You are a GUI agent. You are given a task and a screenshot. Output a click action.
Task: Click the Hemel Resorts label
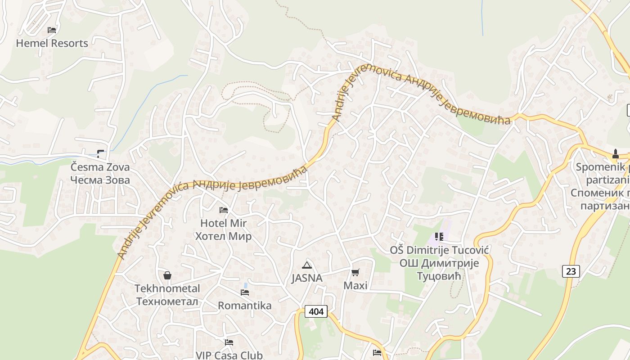pos(52,43)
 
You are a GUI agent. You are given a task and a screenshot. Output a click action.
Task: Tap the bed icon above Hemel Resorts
pos(52,30)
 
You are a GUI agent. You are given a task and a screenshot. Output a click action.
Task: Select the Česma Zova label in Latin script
pos(100,167)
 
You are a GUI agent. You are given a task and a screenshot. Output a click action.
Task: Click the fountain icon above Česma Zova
pos(100,154)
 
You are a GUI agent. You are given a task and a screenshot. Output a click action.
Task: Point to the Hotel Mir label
pos(223,223)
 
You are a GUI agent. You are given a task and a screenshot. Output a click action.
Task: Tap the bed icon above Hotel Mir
pos(223,210)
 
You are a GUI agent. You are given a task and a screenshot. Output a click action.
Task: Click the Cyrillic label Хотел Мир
pos(223,236)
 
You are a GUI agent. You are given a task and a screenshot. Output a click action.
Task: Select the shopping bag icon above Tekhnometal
pos(167,275)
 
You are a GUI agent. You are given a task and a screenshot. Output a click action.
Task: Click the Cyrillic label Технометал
pos(167,301)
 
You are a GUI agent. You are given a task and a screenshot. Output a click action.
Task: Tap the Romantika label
pos(245,306)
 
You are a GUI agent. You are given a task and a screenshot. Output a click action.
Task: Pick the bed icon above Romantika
pos(245,292)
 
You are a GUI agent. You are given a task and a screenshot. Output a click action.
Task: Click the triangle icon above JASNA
pos(307,265)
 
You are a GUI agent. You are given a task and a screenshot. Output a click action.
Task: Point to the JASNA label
pos(307,278)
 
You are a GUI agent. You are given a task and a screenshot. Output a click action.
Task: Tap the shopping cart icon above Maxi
pos(355,272)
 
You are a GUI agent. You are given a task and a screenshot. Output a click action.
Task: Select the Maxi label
pos(355,285)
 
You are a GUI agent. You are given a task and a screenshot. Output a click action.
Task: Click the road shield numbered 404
pos(316,311)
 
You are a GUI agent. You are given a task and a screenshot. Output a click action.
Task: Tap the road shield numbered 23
pos(571,271)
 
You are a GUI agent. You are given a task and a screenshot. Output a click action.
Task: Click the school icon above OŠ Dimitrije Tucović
pos(439,236)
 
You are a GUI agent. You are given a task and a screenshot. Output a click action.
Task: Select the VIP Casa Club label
pos(229,355)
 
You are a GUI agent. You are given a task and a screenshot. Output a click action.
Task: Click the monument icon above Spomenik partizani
pos(615,154)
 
